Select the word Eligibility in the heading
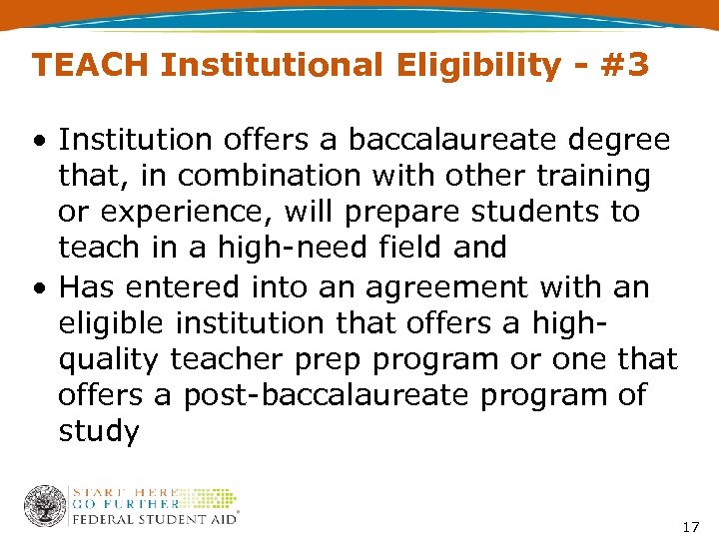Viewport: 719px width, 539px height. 477,66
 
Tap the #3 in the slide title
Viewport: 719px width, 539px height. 626,66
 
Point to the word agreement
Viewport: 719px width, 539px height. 436,287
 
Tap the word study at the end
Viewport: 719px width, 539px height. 98,431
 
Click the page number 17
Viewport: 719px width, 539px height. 690,526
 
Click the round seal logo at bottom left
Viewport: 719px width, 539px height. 45,506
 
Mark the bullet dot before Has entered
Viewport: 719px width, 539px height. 37,287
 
